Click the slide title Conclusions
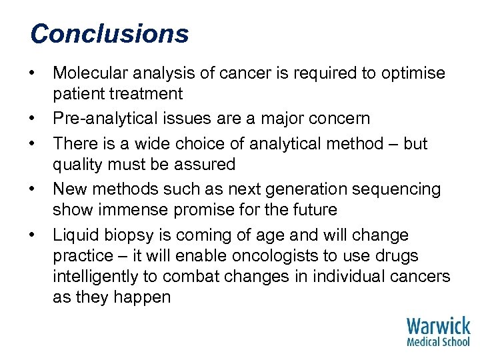pos(109,33)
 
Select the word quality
pos(77,165)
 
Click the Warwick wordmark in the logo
pos(438,327)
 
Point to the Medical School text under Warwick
pos(438,342)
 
